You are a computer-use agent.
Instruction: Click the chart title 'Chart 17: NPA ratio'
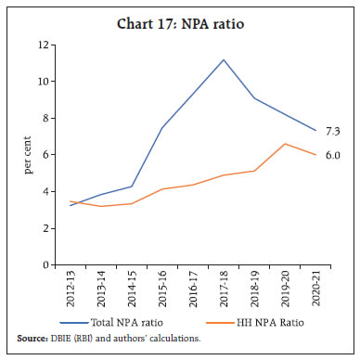tap(180, 16)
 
